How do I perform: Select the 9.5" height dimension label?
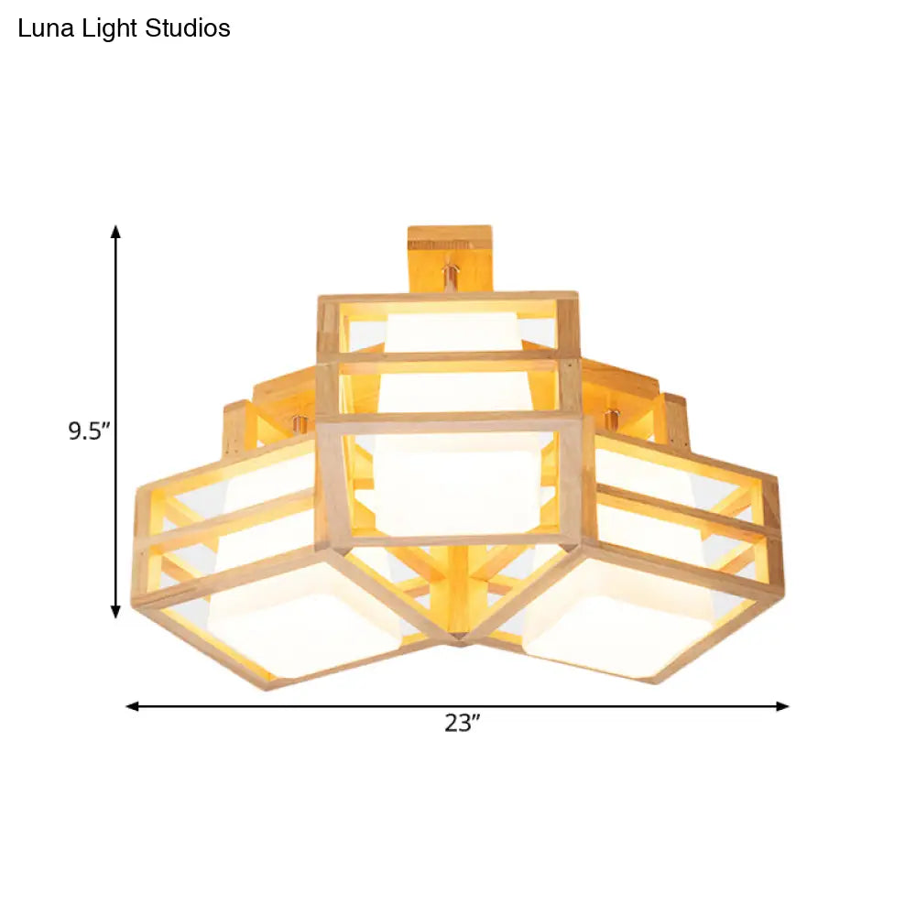(89, 431)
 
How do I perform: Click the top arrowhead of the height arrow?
(116, 231)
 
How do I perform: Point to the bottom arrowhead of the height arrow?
(116, 611)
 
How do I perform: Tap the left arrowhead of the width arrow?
(133, 706)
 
